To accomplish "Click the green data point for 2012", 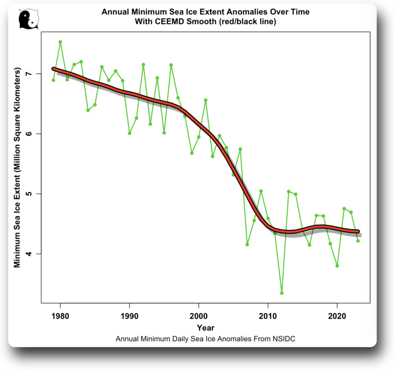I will (282, 293).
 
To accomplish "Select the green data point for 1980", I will (60, 42).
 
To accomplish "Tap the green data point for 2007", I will (247, 244).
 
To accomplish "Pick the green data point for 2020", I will (337, 266).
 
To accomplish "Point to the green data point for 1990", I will (129, 133).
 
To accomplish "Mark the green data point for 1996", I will (171, 65).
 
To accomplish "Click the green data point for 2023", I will (358, 241).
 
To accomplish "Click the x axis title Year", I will (206, 327).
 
